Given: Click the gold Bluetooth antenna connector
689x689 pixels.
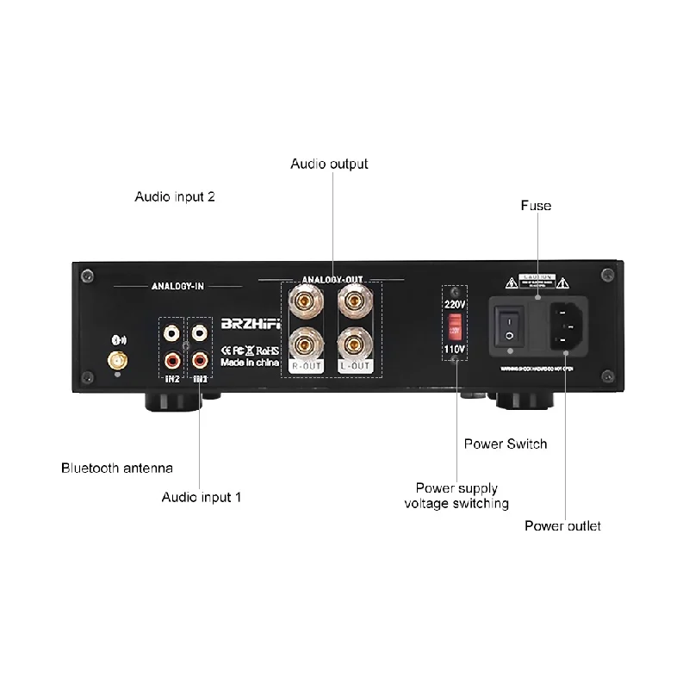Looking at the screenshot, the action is pos(114,358).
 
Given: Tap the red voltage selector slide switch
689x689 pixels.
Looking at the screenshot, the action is pos(455,327).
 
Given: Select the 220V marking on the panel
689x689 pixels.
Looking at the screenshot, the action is pos(455,304).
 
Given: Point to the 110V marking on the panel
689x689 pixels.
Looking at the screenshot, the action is pos(455,350).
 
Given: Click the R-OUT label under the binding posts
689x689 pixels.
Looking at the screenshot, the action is pos(306,367).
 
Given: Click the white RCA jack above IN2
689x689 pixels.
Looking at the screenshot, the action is pos(171,331).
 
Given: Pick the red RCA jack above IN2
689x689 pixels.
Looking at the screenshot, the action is pos(171,358).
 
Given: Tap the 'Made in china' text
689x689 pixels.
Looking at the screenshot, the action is pos(250,363).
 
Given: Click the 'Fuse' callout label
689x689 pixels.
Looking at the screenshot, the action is pos(536,206).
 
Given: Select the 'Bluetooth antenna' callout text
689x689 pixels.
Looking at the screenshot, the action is pos(117,469).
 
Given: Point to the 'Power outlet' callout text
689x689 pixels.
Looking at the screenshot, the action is pos(563,526).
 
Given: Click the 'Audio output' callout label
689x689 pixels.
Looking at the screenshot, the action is pos(329,164).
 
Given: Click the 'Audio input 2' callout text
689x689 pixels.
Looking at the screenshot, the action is pos(175,196).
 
